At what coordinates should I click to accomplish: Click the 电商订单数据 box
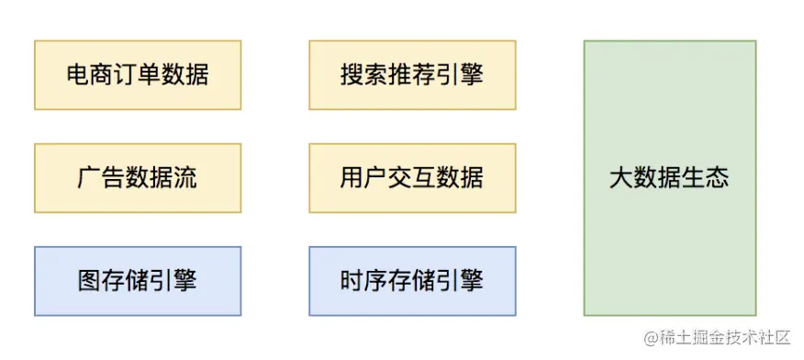pos(138,74)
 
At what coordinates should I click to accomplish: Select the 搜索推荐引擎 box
pos(411,74)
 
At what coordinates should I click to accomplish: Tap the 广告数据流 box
pos(138,177)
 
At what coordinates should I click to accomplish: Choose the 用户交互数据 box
pos(411,177)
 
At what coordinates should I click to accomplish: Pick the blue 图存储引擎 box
pos(138,280)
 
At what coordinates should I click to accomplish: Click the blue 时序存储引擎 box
pos(411,280)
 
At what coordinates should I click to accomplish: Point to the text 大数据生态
pos(669,177)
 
